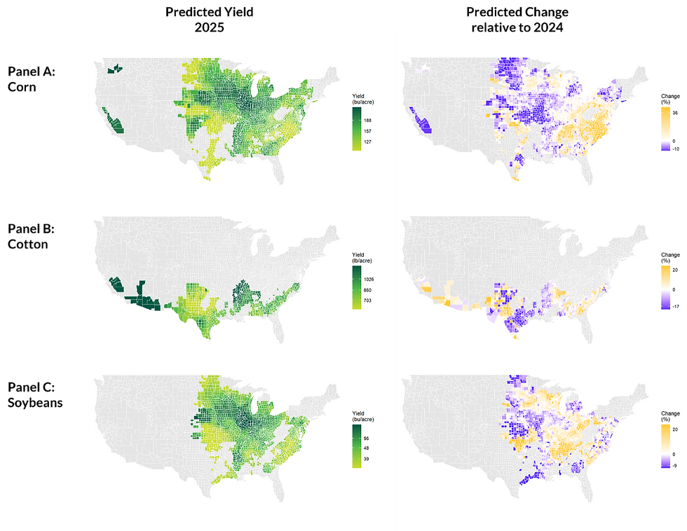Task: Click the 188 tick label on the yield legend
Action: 367,120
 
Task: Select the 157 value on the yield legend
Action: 367,131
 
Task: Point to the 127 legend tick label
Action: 367,142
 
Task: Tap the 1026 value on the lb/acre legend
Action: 369,280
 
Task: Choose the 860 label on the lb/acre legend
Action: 367,290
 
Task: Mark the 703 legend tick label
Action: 367,301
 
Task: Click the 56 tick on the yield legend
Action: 366,438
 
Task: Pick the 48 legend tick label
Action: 366,448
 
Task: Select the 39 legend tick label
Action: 366,459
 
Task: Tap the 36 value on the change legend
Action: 675,112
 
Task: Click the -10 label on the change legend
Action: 675,149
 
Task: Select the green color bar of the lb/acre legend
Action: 357,287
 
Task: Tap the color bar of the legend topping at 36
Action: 665,129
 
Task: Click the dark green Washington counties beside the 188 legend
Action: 114,69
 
